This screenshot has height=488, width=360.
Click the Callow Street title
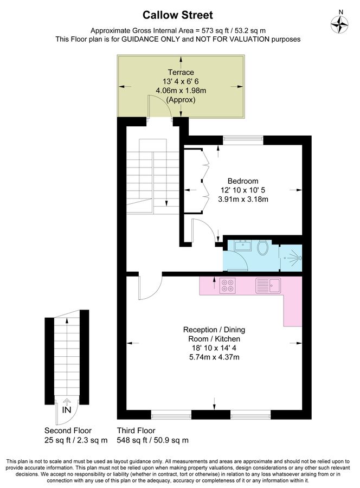pos(178,15)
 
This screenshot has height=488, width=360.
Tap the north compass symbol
pos(340,22)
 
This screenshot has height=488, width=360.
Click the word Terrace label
pos(181,72)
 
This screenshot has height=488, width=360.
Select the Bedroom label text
pos(242,181)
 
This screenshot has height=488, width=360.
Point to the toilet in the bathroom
pos(263,248)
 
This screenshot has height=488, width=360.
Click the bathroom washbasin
pos(242,246)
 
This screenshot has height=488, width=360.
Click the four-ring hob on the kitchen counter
pos(228,285)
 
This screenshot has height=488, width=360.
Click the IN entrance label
pos(66,410)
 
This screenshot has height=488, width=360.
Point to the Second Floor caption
pos(68,431)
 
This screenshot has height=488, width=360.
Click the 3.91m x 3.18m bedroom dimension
pos(243,200)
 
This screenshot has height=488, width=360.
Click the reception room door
pos(149,287)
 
